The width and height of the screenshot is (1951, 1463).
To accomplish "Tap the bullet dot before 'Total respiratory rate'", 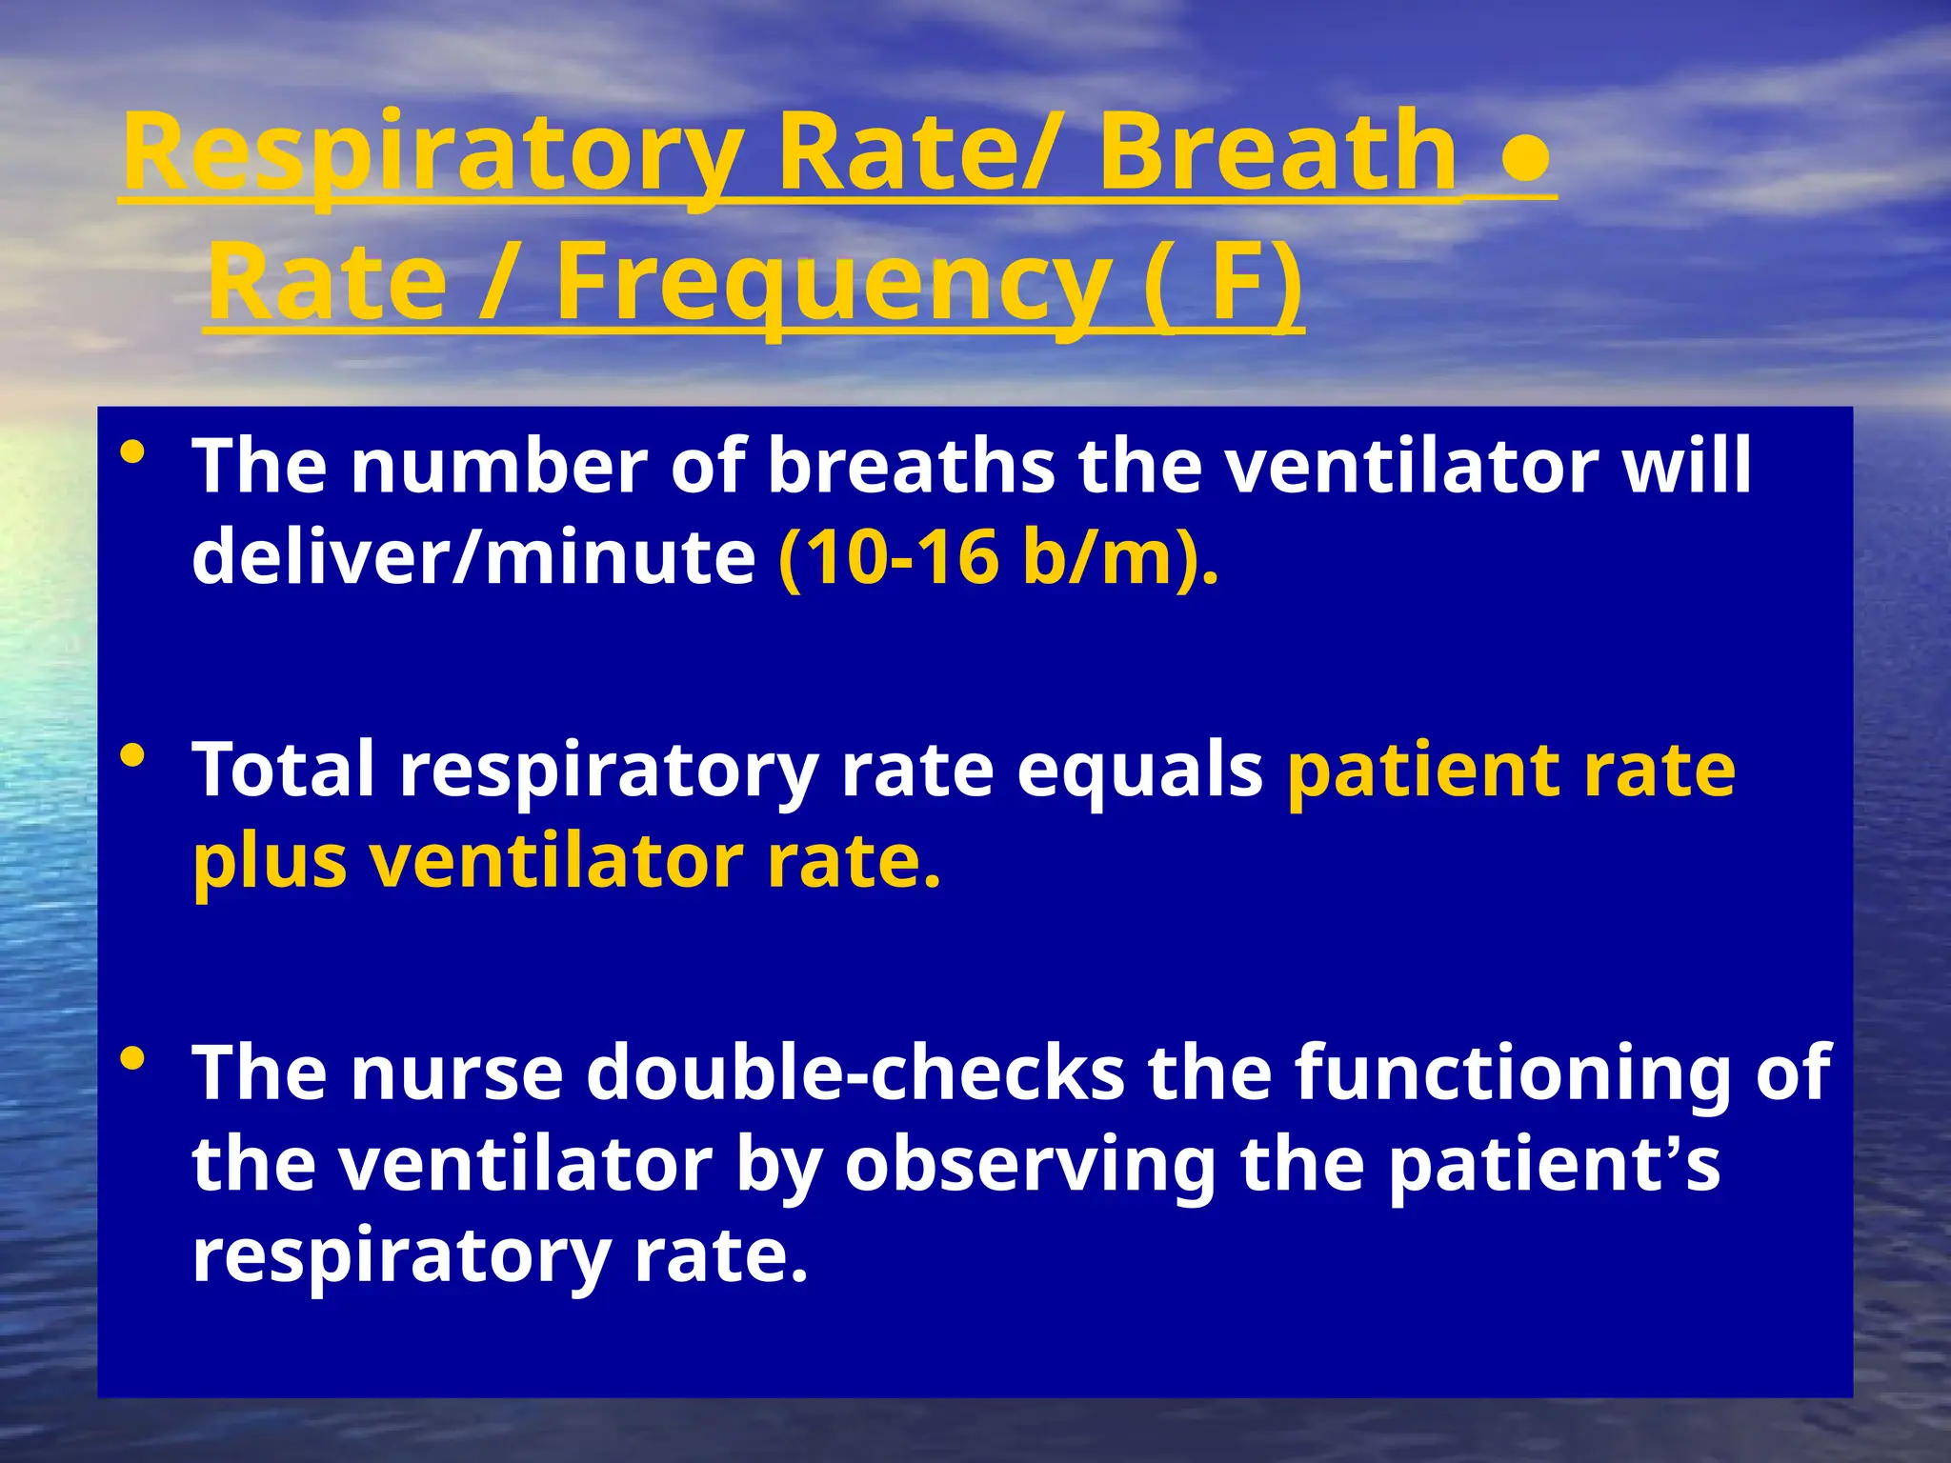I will (132, 756).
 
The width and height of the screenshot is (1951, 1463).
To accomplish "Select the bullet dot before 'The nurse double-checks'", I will (132, 1058).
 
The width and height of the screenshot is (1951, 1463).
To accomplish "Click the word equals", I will (1139, 770).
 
